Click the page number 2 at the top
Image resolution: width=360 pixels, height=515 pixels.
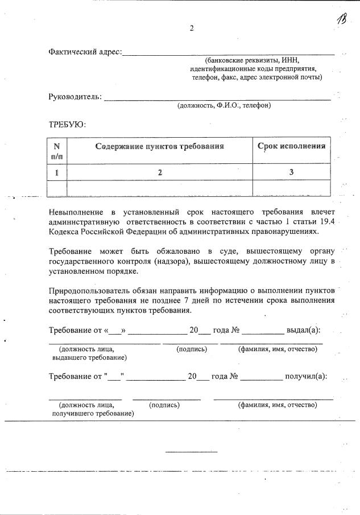pos(192,28)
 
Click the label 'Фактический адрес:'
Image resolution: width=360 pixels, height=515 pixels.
pos(85,52)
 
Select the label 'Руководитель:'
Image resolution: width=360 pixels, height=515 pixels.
pos(76,97)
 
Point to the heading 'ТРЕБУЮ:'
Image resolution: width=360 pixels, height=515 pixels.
pos(67,124)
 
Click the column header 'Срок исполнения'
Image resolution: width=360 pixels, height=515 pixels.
pos(291,146)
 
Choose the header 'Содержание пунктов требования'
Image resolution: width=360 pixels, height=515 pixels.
pos(160,146)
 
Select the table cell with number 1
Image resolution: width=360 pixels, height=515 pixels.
pos(57,172)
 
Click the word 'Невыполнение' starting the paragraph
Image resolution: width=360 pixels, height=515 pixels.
pos(76,212)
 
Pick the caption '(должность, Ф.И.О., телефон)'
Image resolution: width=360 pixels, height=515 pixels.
pos(224,105)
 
